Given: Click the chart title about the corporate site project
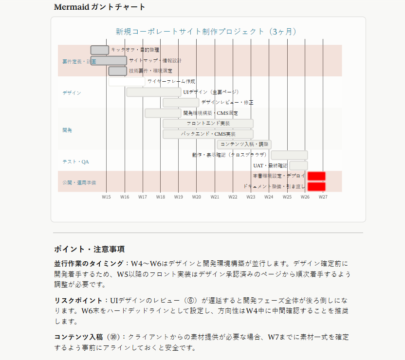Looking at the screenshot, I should [206, 32].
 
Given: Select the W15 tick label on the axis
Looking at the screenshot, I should [106, 197].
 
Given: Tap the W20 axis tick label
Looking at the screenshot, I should [196, 197].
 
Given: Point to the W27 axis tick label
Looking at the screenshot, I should [323, 197].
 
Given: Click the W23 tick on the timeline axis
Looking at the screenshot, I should [251, 197].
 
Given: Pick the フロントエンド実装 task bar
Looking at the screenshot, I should [208, 124].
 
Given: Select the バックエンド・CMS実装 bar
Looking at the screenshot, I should [208, 134].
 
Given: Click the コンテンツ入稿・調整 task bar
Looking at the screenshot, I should [244, 144].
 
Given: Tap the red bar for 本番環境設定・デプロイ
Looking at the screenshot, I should [316, 176].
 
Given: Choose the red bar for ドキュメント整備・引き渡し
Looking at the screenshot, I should [316, 186].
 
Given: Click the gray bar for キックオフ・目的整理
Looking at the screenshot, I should [100, 50].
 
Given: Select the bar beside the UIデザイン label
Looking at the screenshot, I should [153, 92].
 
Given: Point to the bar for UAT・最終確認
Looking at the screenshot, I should [298, 165].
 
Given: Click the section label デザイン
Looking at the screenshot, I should [72, 92].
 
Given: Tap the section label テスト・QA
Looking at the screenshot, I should [75, 162].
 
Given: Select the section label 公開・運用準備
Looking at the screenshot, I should [79, 182].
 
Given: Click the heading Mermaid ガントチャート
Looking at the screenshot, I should [100, 7].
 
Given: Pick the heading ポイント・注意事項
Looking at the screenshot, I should [89, 249].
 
